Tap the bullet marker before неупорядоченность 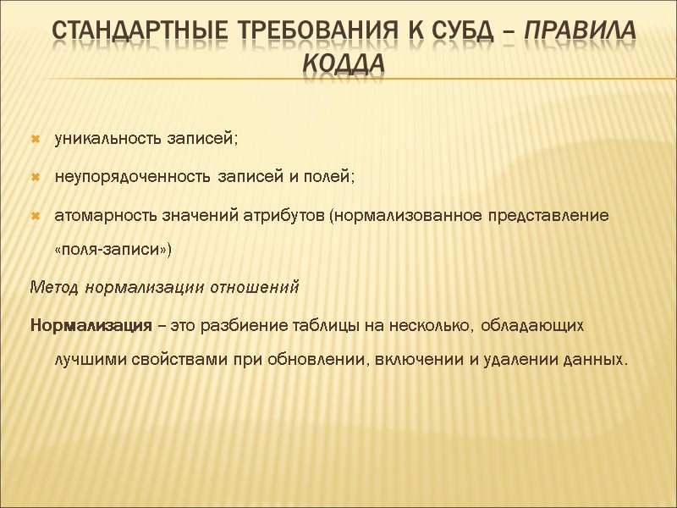36,177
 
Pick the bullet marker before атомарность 36,216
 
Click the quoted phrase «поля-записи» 113,250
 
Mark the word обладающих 536,325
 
